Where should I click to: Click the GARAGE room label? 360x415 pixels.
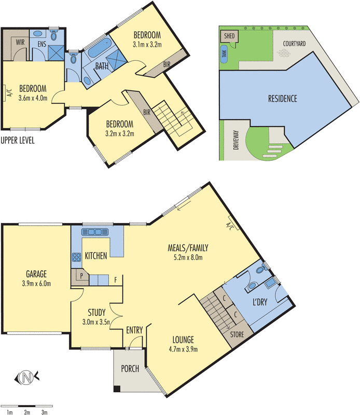click(36, 274)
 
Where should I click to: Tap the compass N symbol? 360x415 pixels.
click(26, 377)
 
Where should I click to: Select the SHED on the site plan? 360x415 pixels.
click(229, 36)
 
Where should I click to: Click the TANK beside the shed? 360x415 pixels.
click(224, 54)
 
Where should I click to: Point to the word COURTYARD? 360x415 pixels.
click(294, 44)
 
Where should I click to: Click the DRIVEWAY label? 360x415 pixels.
click(236, 140)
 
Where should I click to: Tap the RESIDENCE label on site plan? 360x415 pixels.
click(282, 99)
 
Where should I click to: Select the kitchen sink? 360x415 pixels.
click(95, 232)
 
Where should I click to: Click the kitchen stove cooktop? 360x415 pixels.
click(76, 257)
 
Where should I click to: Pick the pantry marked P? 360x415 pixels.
click(80, 277)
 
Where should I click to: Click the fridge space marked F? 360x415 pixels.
click(115, 280)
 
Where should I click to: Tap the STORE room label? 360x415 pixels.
click(237, 335)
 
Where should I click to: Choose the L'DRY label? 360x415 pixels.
click(260, 302)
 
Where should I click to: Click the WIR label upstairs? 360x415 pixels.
click(20, 42)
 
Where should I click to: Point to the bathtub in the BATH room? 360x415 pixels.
click(99, 48)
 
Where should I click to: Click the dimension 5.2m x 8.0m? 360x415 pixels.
click(188, 257)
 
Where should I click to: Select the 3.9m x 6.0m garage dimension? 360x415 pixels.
click(36, 283)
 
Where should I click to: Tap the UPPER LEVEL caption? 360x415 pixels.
click(18, 140)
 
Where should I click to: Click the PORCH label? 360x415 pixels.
click(130, 368)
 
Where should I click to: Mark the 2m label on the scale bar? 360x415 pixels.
click(27, 412)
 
